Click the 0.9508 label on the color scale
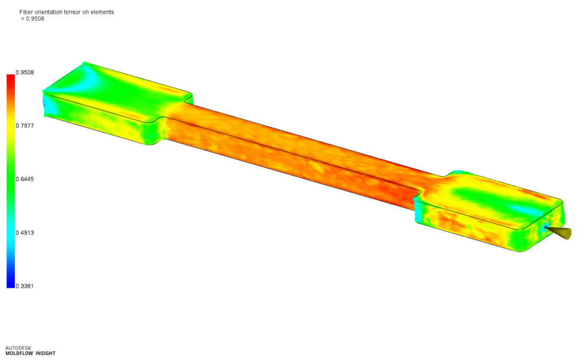coord(25,73)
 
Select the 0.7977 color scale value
coord(25,126)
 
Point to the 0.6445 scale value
coord(25,179)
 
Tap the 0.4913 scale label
coord(25,233)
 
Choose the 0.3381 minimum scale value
coord(25,286)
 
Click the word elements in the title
coord(102,12)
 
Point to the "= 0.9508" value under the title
coord(33,19)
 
